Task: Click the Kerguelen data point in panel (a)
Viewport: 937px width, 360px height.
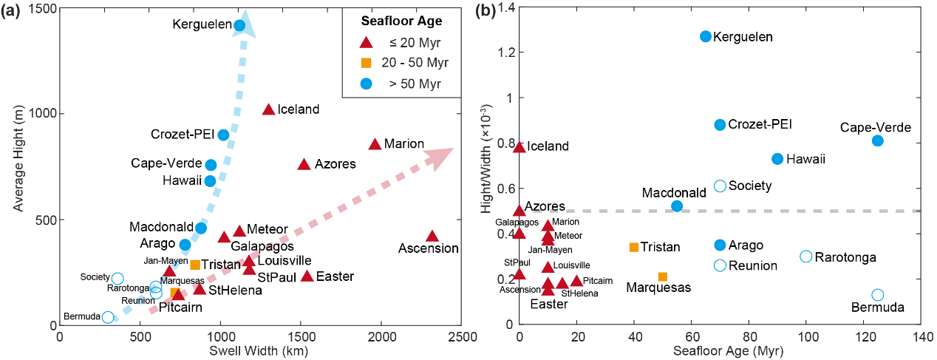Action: coord(239,25)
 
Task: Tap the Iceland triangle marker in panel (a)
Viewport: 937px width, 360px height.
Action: coord(269,109)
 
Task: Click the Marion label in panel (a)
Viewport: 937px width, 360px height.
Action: coord(404,144)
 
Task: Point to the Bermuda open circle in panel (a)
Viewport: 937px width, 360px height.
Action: coord(108,317)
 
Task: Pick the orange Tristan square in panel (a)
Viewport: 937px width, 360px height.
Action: coord(195,265)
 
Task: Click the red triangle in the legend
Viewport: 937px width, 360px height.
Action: coord(363,41)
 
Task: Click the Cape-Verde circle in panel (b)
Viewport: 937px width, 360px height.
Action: coord(877,140)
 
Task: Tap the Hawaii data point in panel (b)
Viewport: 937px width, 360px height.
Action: coord(777,159)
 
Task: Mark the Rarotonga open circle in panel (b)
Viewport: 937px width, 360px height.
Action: coord(806,257)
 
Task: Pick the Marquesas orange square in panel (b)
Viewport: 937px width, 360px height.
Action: coord(663,276)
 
